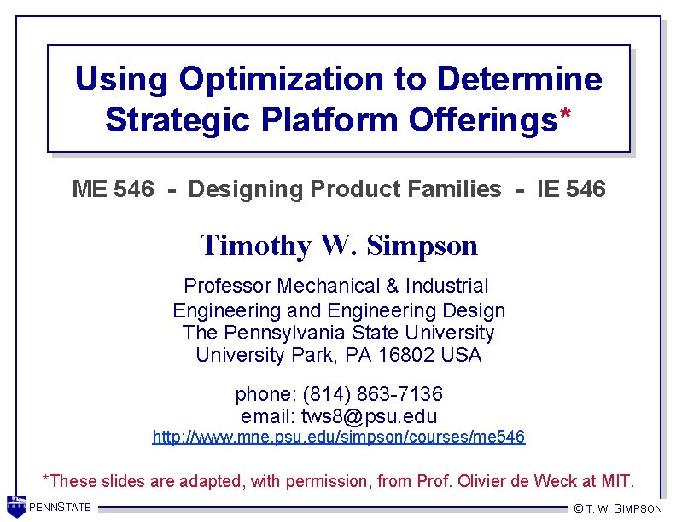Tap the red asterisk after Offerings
(564, 120)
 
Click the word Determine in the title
(519, 79)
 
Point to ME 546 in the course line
(113, 189)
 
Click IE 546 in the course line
(571, 189)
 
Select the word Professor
(226, 286)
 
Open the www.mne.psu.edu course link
(338, 438)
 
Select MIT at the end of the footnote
(619, 481)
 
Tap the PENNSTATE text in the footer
(60, 507)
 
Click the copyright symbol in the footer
(579, 508)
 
